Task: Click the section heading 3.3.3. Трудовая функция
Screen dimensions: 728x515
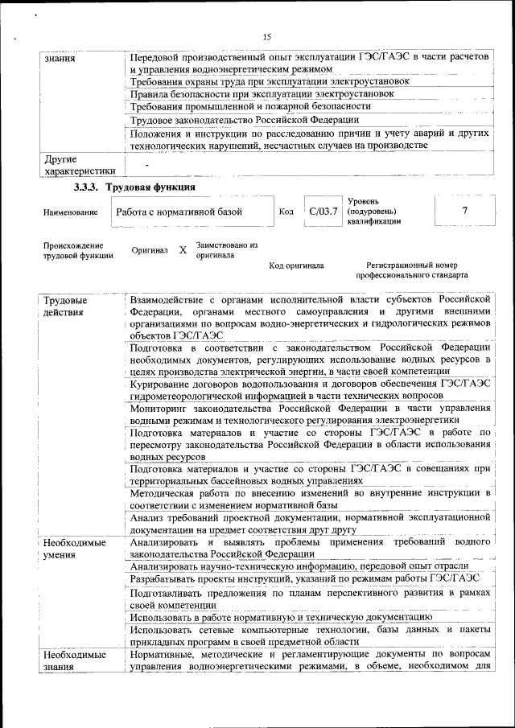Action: tap(134, 187)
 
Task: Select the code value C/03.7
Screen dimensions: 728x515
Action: tap(321, 211)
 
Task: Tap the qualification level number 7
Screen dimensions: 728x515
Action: tap(463, 210)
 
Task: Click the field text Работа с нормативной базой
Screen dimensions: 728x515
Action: tap(179, 212)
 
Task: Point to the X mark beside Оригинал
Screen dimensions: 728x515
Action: tap(183, 250)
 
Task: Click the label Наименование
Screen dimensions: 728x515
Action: tap(71, 212)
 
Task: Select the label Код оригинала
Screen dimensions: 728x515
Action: tap(296, 265)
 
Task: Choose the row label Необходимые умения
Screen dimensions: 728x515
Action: tap(75, 549)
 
